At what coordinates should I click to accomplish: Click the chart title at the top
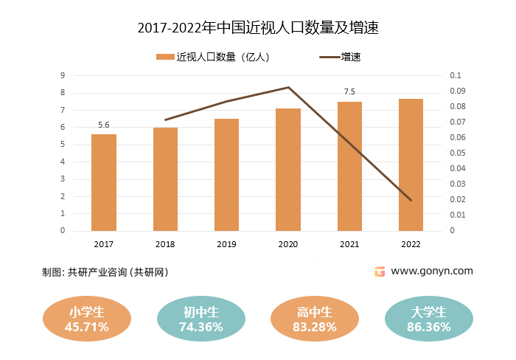point(258,28)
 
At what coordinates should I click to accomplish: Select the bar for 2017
point(104,182)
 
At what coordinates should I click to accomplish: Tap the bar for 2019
point(226,175)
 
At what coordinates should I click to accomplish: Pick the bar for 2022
point(411,165)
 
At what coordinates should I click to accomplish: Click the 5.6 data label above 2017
point(104,125)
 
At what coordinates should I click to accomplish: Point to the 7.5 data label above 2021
point(349,92)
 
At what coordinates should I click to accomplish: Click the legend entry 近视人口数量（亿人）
point(214,57)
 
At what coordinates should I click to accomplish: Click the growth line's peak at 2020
point(288,88)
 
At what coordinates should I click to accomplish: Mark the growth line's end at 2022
point(411,200)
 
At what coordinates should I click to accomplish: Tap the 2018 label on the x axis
point(165,244)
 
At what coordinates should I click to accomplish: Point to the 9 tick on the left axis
point(63,75)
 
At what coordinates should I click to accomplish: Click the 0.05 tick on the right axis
point(456,153)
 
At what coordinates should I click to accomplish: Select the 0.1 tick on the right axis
point(454,75)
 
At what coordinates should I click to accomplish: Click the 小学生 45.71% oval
point(87,319)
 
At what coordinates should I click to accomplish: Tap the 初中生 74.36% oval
point(201,319)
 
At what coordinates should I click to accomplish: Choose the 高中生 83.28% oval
point(315,319)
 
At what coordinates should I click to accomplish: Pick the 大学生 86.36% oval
point(429,319)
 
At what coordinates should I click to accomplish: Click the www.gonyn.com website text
point(432,271)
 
